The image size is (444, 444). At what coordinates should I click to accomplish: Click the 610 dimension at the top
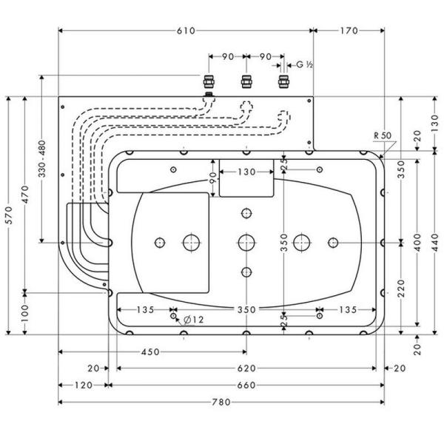pos(186,30)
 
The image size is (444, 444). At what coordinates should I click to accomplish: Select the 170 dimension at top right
pos(349,30)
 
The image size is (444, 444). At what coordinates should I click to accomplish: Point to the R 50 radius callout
pos(382,135)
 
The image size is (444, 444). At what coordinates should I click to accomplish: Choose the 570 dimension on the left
pos(9,215)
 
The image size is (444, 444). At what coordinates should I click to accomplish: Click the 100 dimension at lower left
pos(26,312)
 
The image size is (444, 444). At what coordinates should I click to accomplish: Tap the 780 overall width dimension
pos(221,402)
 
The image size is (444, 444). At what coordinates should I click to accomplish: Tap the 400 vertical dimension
pos(418,239)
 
